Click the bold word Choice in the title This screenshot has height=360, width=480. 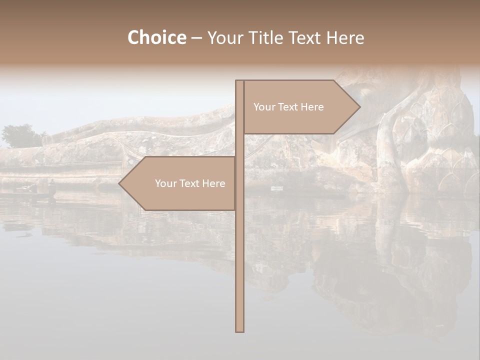156,37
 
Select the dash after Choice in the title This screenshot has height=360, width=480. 196,38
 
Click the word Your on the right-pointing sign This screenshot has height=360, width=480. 263,107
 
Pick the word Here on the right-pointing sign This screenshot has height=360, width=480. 312,107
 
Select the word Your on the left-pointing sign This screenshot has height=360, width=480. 165,183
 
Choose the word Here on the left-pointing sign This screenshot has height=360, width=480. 214,183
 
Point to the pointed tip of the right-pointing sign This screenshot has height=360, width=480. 359,106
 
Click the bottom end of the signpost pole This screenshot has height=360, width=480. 239,330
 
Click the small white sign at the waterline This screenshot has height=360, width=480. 276,188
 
